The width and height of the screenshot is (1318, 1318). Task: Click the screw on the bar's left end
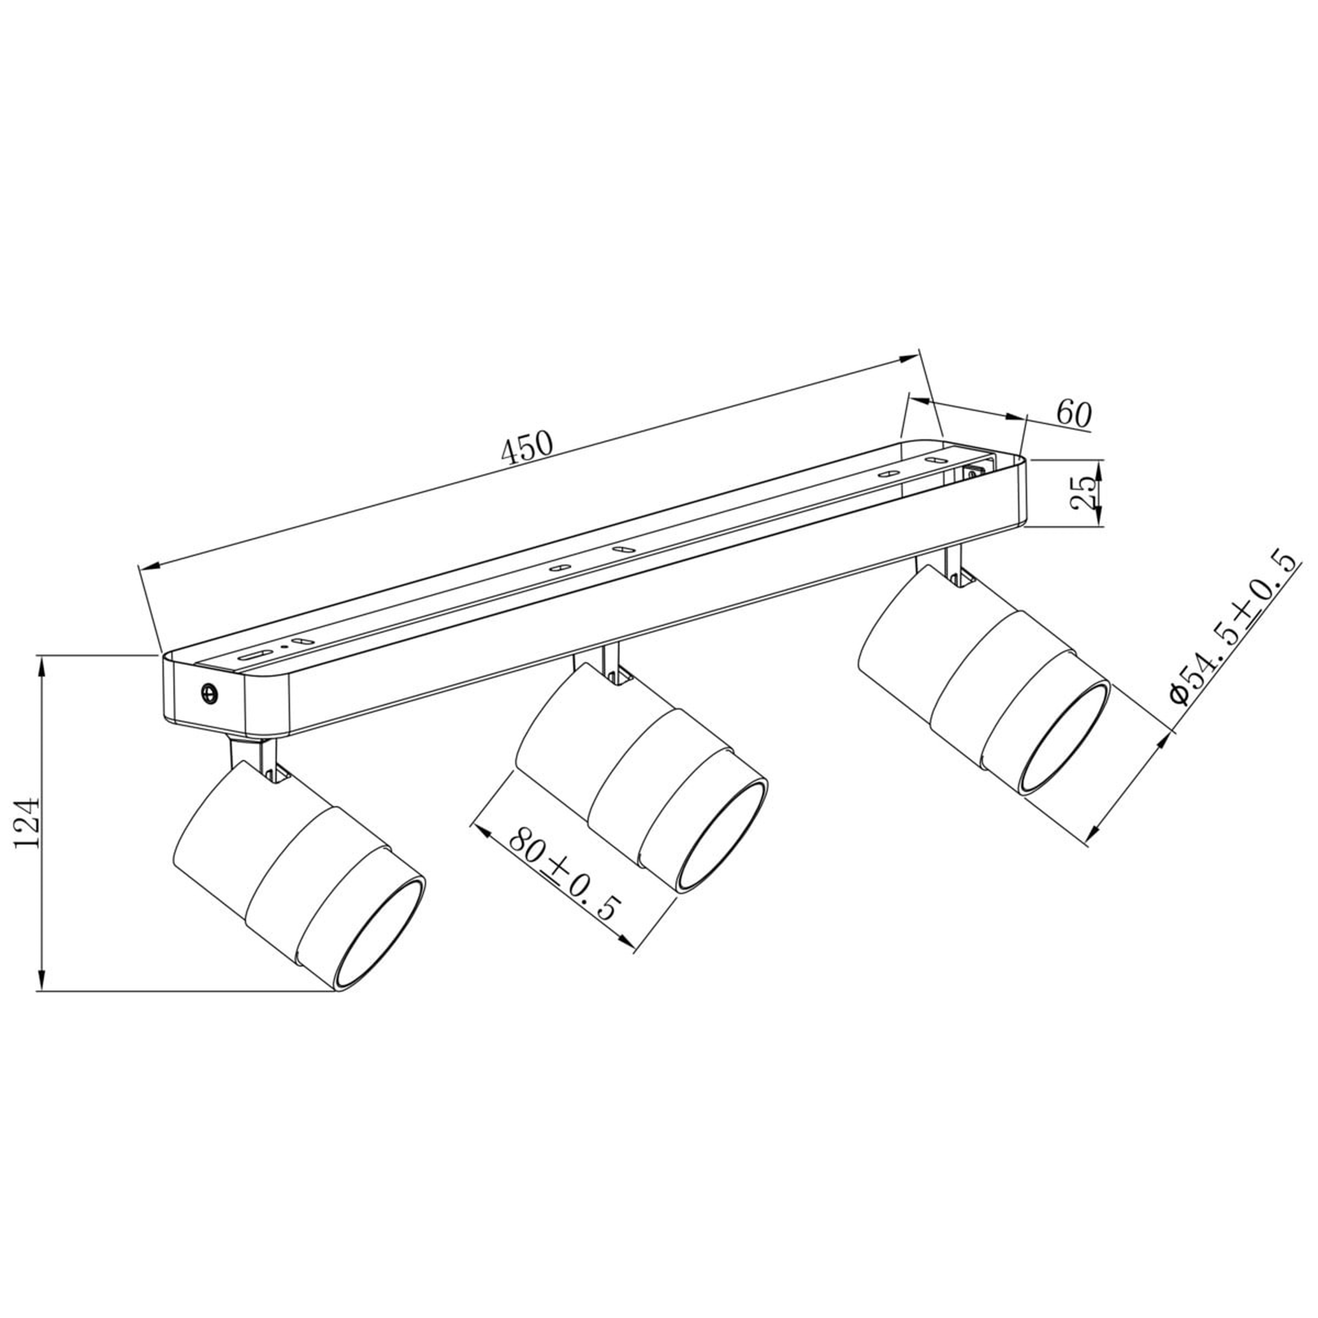click(209, 693)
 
